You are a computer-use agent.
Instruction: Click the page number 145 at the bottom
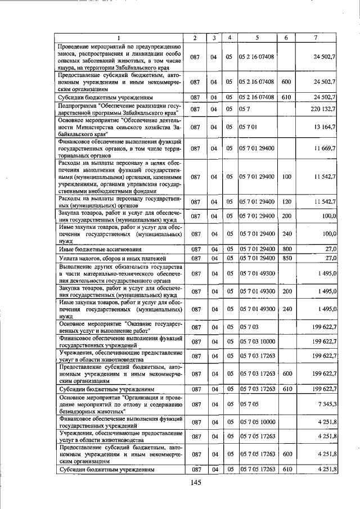196,482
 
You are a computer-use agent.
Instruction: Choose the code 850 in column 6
286,258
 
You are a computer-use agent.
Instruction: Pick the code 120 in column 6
286,201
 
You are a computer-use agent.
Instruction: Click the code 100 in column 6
286,177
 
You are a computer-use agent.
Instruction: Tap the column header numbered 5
256,38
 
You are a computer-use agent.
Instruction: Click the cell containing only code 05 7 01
248,127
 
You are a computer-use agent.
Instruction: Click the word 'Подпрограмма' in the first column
76,105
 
